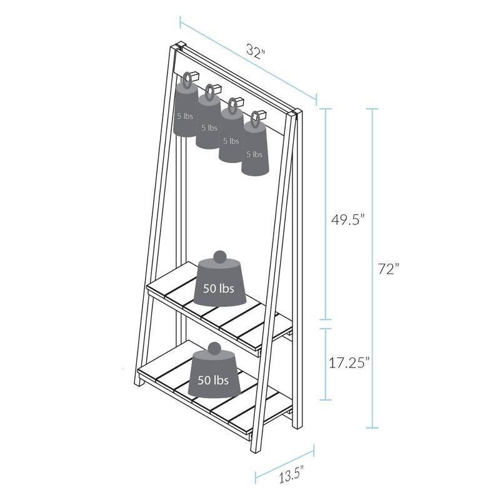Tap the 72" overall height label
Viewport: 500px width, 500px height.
(x=388, y=269)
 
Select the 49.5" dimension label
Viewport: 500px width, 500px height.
(x=346, y=219)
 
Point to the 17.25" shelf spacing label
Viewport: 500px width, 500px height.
(x=350, y=362)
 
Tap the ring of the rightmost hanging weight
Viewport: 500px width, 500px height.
(x=255, y=117)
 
